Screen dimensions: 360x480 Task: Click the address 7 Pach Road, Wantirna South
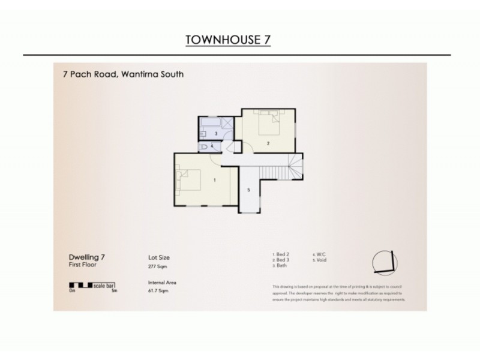tap(123, 75)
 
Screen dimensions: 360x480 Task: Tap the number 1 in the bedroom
tap(214, 179)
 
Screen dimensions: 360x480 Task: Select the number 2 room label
tap(268, 143)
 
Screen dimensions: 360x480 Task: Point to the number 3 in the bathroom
tap(216, 133)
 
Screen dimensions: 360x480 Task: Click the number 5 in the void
tap(248, 190)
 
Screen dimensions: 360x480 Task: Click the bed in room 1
tap(188, 179)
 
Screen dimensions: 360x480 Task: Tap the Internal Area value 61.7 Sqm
tap(158, 290)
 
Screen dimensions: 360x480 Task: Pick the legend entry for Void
tap(320, 260)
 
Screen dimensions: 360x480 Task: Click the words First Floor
tap(82, 265)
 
